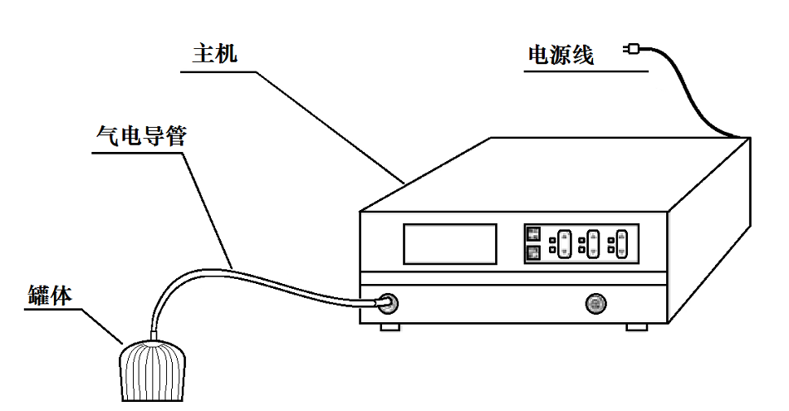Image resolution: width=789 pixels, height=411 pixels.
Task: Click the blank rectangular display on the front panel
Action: (x=449, y=244)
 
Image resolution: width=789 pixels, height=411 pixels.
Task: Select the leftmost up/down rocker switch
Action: (x=564, y=243)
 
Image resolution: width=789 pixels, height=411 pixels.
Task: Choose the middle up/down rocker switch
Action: (x=593, y=243)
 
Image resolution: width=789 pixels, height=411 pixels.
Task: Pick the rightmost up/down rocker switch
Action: (x=621, y=243)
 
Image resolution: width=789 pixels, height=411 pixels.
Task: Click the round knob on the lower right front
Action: (x=595, y=302)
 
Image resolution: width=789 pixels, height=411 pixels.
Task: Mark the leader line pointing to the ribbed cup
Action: (x=104, y=325)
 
